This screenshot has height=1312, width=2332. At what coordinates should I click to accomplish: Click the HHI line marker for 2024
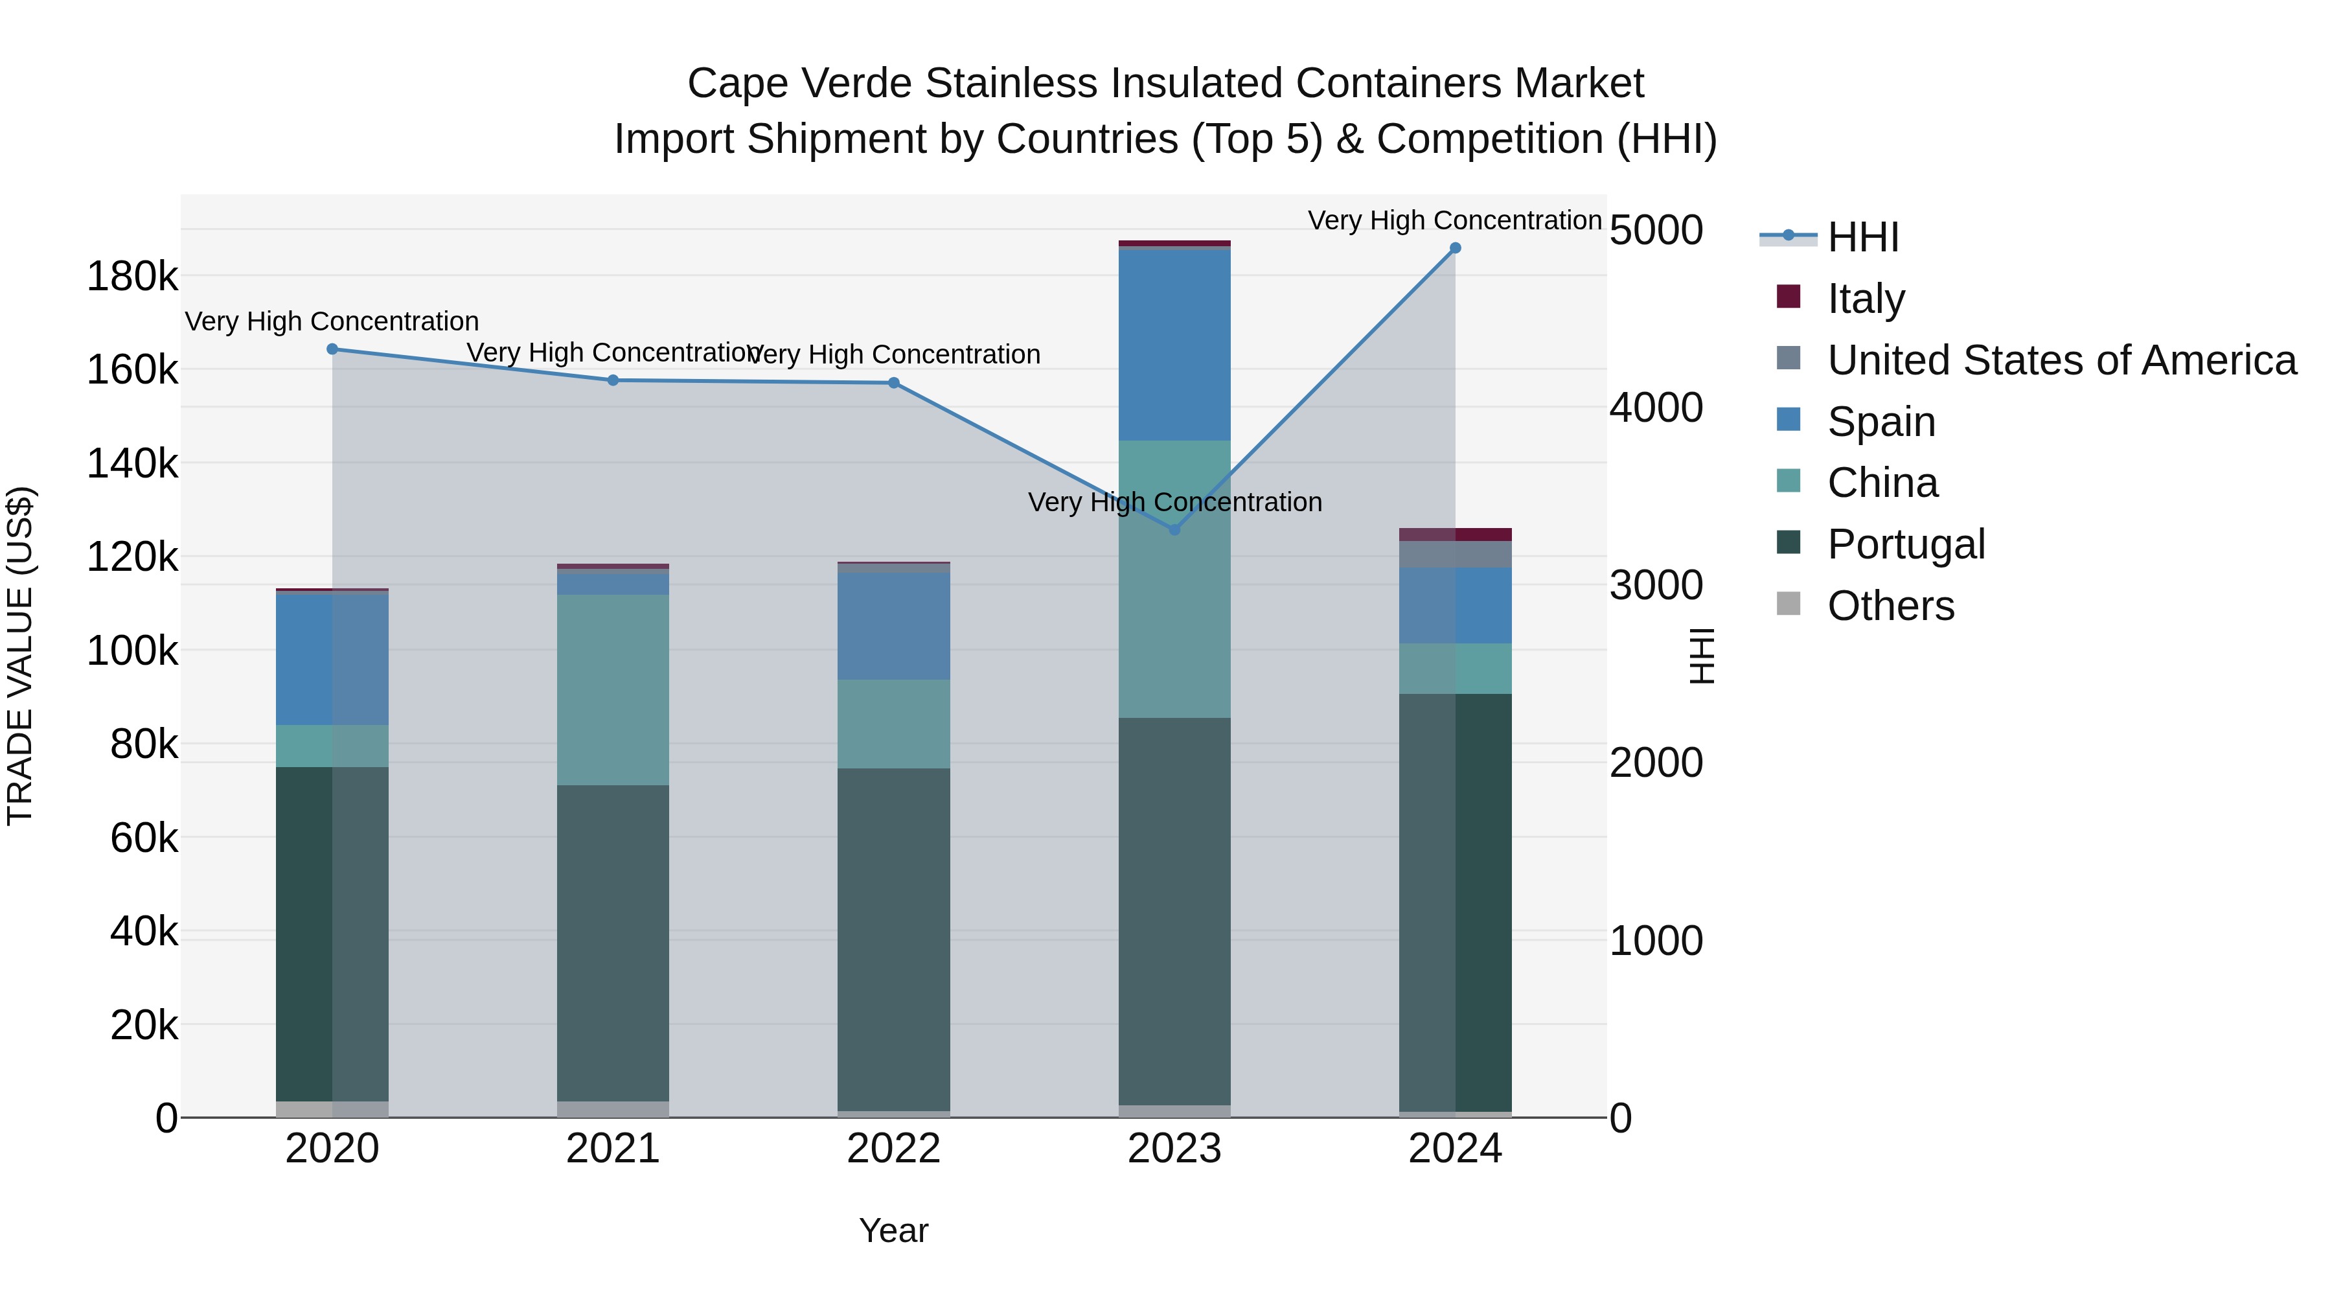(1455, 248)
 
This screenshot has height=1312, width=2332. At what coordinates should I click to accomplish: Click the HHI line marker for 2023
(1174, 530)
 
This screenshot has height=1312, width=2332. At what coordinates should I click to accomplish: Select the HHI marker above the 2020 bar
(332, 349)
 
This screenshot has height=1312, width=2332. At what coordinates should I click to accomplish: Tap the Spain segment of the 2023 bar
(1174, 344)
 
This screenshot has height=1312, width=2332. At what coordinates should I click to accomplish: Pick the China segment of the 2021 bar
(613, 690)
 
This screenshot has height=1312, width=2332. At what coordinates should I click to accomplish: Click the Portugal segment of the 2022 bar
(893, 939)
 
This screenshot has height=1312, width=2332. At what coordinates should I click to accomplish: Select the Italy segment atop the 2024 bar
(1455, 535)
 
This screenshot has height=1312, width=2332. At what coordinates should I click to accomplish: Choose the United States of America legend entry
(2061, 360)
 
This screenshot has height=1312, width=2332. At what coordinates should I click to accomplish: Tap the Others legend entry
(1890, 606)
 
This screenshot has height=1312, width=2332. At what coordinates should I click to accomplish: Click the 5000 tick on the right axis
(1656, 230)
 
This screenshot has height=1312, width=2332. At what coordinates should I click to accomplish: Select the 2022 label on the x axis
(893, 1149)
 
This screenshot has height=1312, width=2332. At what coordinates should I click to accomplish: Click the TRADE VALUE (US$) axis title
(20, 656)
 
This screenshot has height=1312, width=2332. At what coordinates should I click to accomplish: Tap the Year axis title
(893, 1230)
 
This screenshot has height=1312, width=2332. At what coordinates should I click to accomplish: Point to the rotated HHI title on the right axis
(1702, 656)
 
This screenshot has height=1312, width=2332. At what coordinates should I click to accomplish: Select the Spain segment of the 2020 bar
(332, 659)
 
